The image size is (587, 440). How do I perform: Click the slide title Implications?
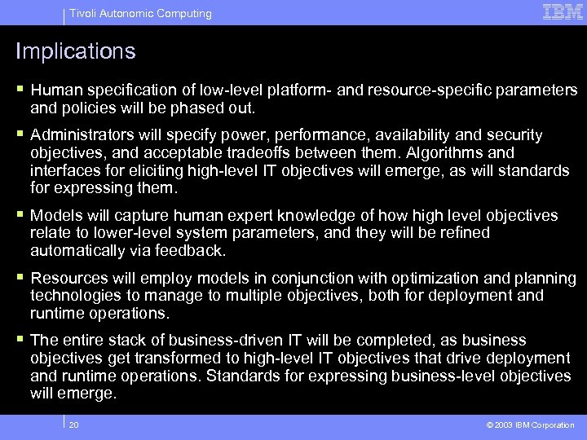pos(75,51)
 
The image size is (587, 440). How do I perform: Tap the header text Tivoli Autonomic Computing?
pos(140,13)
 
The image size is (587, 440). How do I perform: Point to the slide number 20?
pos(74,425)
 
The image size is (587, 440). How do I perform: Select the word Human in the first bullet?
pos(55,90)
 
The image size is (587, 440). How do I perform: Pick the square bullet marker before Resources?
pos(20,278)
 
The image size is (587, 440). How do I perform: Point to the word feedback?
pos(192,251)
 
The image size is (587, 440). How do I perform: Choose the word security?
pos(514,135)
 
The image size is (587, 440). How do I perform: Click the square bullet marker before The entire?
pos(20,340)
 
